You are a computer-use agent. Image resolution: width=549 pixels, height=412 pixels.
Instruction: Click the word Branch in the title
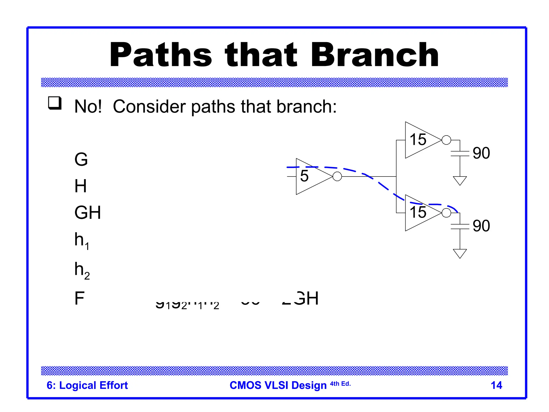point(374,55)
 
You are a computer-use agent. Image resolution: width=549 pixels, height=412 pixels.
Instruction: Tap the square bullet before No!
point(55,103)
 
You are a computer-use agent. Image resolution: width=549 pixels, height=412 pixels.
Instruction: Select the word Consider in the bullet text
point(149,106)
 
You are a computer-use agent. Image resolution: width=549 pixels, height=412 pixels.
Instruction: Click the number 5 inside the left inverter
point(304,176)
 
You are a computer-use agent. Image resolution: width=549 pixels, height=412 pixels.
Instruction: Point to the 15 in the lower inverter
point(418,212)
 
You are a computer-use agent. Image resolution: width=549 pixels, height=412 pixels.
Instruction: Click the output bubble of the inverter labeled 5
point(337,176)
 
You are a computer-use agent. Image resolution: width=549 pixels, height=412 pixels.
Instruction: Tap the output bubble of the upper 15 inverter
point(446,140)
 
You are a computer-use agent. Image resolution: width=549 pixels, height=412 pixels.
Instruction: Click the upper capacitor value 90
point(481,153)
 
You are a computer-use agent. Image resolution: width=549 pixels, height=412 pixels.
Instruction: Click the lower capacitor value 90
point(481,226)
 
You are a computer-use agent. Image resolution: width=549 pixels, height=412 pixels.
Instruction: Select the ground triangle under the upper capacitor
point(460,180)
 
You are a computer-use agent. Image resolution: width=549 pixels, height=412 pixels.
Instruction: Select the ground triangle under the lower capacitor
point(460,253)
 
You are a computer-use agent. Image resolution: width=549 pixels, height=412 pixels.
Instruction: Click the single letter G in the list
point(81,159)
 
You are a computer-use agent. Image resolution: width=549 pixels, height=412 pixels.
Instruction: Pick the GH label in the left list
point(87,212)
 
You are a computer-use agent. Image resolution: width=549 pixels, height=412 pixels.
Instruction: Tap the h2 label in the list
point(82,270)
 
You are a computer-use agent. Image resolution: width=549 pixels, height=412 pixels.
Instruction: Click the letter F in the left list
point(79,298)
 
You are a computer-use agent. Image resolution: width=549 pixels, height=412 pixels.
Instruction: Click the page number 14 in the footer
point(496,385)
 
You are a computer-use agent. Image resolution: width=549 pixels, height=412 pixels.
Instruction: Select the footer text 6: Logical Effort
point(87,385)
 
